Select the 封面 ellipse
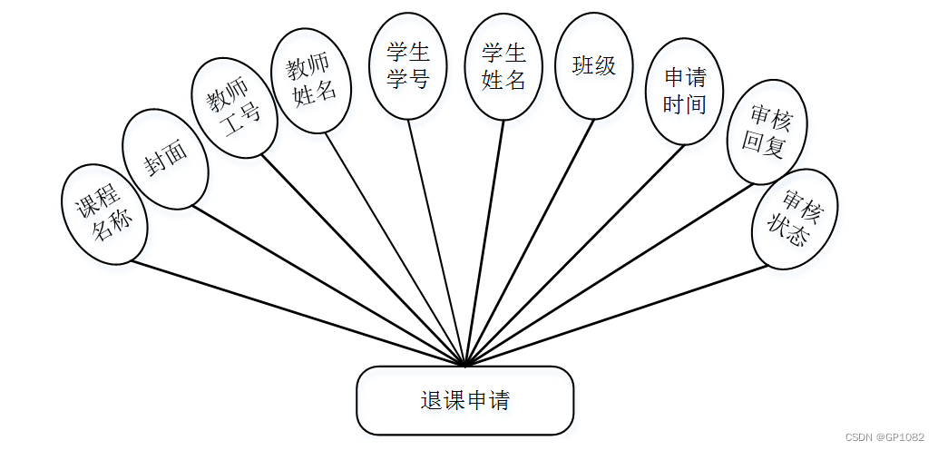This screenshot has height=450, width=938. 166,159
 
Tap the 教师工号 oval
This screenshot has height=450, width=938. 235,107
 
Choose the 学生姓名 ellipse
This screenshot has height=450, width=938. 503,68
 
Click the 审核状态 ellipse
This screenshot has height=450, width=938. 795,219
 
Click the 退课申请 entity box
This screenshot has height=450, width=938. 465,400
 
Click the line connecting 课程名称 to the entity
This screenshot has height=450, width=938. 298,314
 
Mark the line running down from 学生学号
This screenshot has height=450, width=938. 436,243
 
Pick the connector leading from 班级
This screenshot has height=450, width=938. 530,240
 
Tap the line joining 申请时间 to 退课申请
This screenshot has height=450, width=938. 575,255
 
